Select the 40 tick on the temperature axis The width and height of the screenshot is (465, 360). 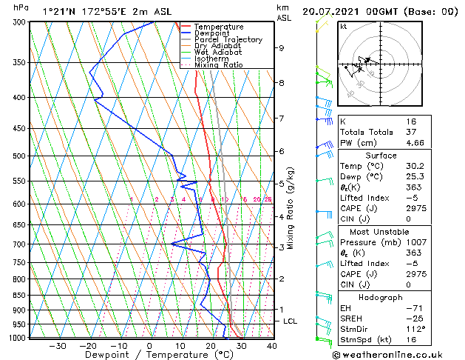[271, 346]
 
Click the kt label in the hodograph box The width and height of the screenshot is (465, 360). [344, 27]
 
